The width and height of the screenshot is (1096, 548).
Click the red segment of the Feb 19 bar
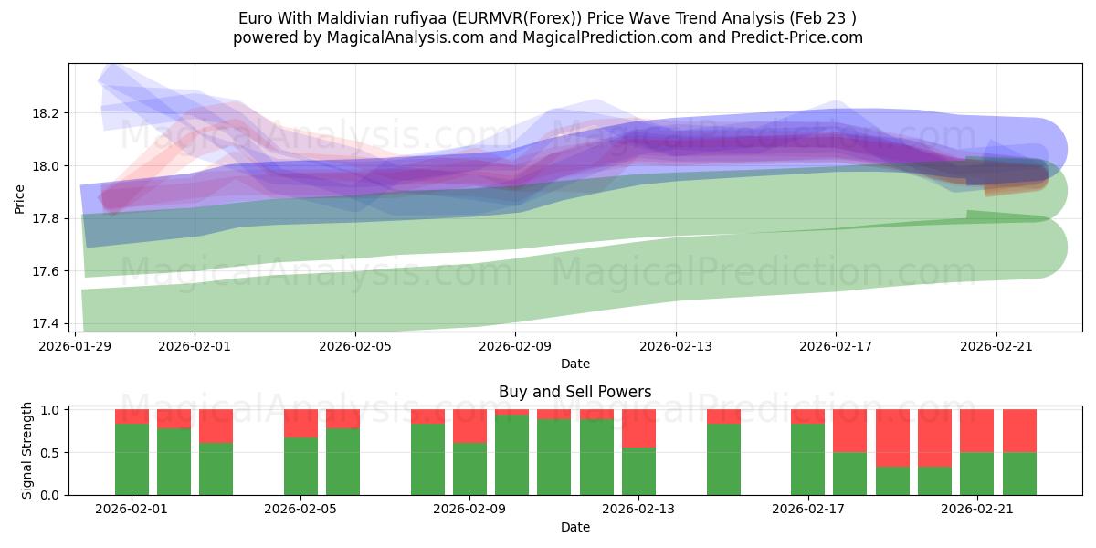click(892, 437)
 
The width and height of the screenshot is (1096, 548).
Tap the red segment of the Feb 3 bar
click(216, 426)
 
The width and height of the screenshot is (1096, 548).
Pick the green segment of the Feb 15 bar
click(723, 459)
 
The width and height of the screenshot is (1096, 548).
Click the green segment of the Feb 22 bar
click(1019, 473)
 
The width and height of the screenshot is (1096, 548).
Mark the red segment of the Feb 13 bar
click(638, 428)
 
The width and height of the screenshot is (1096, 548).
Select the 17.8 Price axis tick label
click(47, 219)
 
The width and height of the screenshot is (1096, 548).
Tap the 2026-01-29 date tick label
click(74, 346)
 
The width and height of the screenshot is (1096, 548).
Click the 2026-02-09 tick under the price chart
click(515, 346)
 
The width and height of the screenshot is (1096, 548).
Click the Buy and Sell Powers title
click(574, 392)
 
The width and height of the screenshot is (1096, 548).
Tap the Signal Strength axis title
click(27, 451)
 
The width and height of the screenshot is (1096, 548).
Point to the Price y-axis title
click(20, 199)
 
